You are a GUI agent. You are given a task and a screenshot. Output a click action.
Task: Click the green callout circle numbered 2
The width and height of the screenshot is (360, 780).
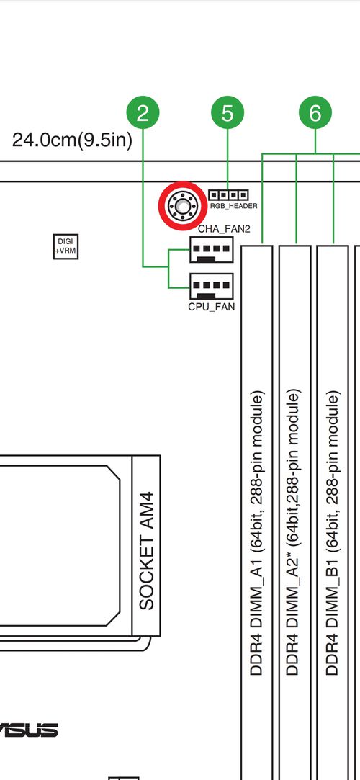143,113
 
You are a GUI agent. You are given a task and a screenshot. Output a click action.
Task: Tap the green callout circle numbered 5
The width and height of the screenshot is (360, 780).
228,113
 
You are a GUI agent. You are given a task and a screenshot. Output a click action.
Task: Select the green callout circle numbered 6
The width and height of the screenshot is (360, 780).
315,113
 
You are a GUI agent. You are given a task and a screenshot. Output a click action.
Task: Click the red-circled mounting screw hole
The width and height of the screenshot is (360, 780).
183,205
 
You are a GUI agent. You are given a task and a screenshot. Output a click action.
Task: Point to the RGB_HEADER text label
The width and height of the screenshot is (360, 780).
234,205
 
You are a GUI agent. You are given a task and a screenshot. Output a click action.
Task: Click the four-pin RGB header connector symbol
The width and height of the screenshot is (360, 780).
228,194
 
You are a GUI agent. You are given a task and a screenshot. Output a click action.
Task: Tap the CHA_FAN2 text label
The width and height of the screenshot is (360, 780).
224,229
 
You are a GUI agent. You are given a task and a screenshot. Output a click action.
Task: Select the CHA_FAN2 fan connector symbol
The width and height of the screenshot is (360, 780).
212,250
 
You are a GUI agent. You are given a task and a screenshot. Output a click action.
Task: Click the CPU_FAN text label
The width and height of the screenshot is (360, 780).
212,307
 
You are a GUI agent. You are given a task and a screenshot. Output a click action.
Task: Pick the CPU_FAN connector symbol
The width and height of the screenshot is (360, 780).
212,286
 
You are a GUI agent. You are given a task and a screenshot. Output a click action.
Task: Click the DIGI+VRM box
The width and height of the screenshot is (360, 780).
66,246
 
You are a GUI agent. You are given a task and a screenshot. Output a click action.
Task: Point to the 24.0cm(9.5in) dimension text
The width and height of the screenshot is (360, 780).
72,140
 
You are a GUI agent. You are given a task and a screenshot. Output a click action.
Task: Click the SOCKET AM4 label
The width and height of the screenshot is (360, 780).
147,551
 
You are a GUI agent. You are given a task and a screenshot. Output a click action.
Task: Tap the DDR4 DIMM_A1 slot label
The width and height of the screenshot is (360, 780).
256,533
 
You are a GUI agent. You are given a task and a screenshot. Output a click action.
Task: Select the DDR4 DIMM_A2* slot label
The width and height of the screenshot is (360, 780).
293,533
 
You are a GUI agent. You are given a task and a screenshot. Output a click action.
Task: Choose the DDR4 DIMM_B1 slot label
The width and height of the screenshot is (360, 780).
333,533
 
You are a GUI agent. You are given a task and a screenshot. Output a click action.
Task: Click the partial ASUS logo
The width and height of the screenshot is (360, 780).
29,730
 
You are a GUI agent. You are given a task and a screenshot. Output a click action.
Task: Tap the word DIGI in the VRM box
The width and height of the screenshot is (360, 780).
65,241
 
